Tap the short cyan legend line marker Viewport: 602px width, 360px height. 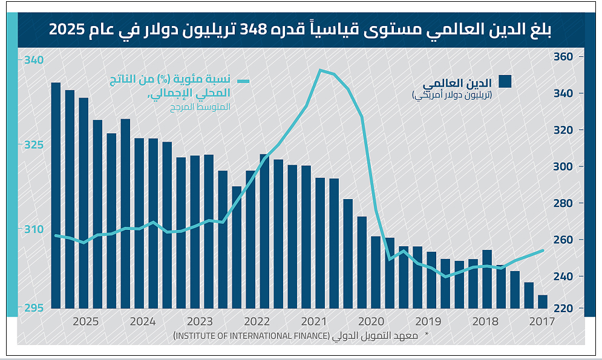coord(244,81)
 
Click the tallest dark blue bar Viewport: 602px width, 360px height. coord(56,194)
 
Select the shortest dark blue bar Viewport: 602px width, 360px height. coord(543,301)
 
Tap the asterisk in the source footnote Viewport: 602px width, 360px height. coord(426,335)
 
